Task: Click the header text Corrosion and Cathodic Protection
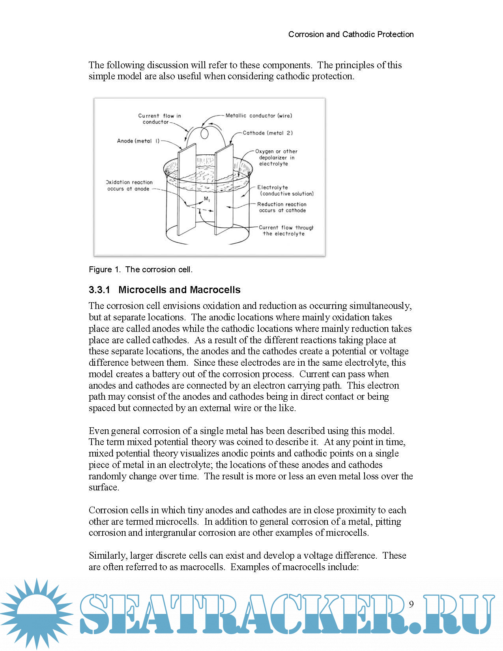coord(351,34)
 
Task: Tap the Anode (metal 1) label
coord(138,141)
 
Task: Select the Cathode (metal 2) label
coord(267,133)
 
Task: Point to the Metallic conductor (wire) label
coord(258,116)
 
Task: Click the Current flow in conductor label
coord(159,119)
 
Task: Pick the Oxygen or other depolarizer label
coord(276,157)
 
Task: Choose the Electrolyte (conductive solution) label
coord(285,191)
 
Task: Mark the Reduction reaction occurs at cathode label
coord(282,207)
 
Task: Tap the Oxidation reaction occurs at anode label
coord(129,185)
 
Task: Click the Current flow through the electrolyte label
coord(285,230)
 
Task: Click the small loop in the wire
coord(204,134)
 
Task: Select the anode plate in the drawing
coord(186,189)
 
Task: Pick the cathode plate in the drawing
coord(224,189)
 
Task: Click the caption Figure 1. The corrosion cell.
coord(140,269)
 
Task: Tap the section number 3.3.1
coord(99,290)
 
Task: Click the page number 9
coord(411,604)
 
